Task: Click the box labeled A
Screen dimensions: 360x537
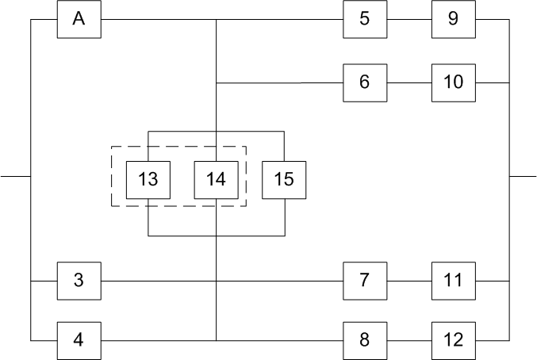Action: tap(79, 19)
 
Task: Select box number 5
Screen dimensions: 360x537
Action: tap(364, 19)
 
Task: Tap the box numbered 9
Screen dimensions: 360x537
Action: tap(453, 19)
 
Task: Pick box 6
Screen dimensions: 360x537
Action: tap(364, 82)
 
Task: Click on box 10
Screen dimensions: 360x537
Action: tap(453, 82)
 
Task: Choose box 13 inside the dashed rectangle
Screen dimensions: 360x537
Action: tap(148, 179)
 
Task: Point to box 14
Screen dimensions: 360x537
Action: tap(216, 179)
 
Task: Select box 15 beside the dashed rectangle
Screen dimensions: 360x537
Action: tap(284, 179)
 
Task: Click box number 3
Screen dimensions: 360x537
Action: tap(79, 280)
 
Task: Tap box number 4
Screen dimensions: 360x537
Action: tap(79, 340)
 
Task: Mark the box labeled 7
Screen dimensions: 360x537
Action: tap(364, 280)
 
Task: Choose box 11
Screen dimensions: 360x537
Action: tap(453, 280)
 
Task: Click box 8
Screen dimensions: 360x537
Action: tap(364, 340)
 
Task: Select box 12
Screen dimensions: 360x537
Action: tap(453, 340)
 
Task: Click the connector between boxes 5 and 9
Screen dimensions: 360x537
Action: tap(409, 19)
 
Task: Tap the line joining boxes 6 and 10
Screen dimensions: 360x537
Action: tap(409, 82)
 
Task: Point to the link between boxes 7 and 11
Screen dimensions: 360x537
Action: tap(409, 280)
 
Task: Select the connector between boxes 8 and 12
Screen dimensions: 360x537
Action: tap(409, 340)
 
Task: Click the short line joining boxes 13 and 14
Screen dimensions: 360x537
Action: tap(182, 131)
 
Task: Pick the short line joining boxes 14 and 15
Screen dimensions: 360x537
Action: tap(250, 131)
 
